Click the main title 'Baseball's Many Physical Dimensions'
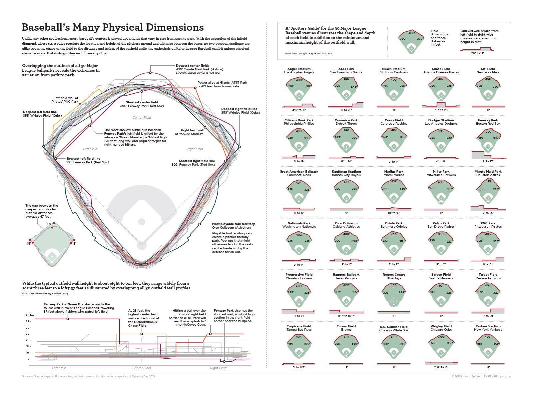point(113,27)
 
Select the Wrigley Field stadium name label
point(441,326)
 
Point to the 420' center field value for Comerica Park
point(346,130)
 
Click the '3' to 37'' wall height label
point(488,161)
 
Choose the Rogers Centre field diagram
point(394,295)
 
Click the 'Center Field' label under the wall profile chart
point(142,368)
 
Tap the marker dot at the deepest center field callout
point(150,73)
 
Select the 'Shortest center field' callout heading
point(142,102)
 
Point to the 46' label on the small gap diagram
point(49,224)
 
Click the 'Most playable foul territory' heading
point(233,224)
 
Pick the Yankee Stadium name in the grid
point(488,326)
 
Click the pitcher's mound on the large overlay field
point(142,222)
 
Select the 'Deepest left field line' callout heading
point(40,112)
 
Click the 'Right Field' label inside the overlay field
point(195,149)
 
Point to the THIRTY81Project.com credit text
point(497,376)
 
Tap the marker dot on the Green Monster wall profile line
point(68,319)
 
